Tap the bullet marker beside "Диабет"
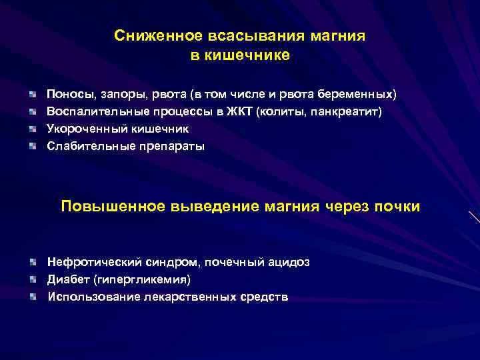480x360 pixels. click(x=33, y=279)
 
